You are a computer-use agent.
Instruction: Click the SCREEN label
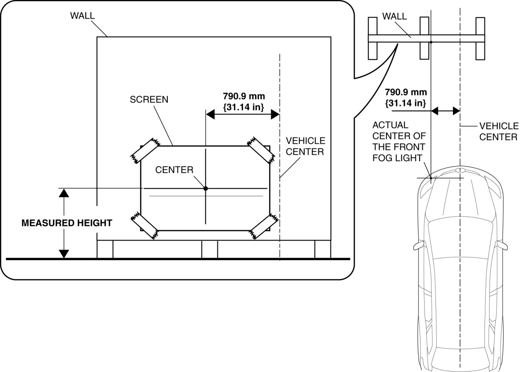click(149, 100)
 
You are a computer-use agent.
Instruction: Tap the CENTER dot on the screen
click(206, 188)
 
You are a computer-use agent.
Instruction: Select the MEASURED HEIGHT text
click(67, 223)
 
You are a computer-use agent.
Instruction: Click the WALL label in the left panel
click(82, 16)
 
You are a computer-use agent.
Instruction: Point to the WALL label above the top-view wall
click(395, 16)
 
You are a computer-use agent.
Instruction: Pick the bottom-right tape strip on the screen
click(263, 226)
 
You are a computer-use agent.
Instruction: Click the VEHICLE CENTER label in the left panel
click(305, 146)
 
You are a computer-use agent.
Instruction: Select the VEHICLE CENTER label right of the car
click(498, 131)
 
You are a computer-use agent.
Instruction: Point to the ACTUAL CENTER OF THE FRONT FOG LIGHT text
click(398, 141)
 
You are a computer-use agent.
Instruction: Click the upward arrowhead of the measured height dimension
click(64, 193)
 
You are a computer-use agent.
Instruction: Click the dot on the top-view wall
click(431, 42)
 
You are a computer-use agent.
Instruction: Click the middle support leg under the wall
click(209, 249)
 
